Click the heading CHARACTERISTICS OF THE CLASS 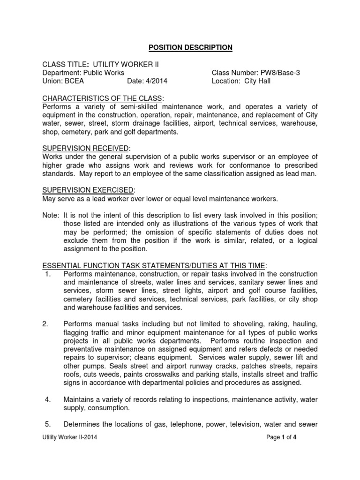[102, 98]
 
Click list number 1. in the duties [47, 274]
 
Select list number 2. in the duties [47, 324]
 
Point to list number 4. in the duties [47, 400]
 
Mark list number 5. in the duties [47, 425]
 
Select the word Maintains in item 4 [80, 400]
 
